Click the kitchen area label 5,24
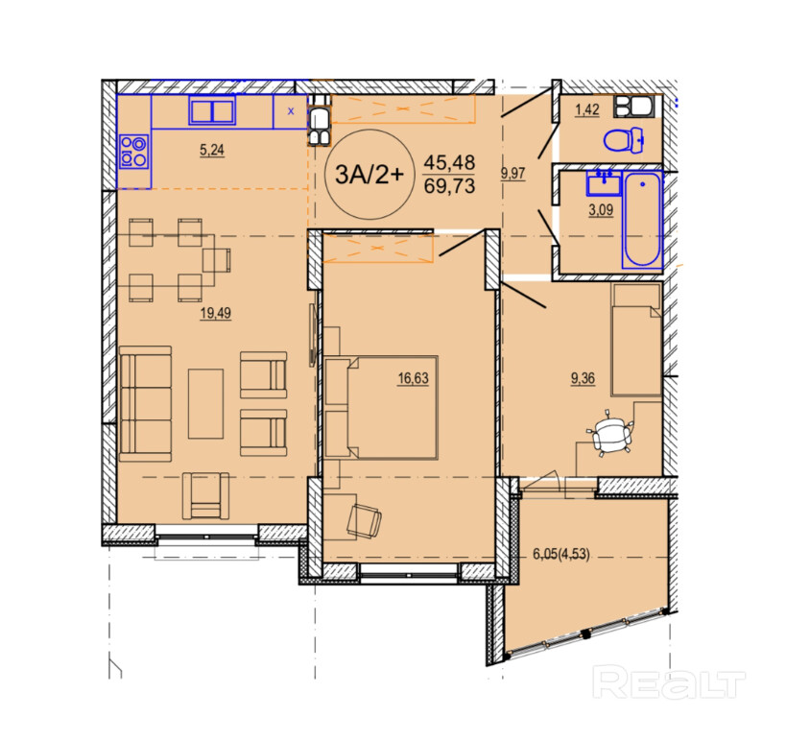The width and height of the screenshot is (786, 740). tap(211, 150)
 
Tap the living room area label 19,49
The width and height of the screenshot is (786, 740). tap(216, 313)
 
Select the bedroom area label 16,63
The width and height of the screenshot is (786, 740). tap(413, 378)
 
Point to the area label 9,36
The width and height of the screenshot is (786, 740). tap(583, 378)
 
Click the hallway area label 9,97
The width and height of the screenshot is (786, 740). tap(512, 174)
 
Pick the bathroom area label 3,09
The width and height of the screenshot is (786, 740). tap(601, 209)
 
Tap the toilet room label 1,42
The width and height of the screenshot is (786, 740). tap(587, 109)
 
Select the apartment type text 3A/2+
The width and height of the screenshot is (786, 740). tap(369, 175)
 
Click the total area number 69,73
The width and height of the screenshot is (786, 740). tap(449, 186)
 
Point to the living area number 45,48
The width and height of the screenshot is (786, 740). tap(449, 162)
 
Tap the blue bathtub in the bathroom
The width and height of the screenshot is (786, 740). tap(643, 220)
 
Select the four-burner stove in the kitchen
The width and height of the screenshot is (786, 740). tap(133, 152)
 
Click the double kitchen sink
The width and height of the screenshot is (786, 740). tap(212, 110)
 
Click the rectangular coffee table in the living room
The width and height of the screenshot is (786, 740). tap(205, 404)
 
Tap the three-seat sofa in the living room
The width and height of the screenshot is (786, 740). tap(145, 403)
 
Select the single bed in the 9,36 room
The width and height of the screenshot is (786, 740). tap(635, 340)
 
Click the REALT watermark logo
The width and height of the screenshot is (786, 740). tap(669, 681)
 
